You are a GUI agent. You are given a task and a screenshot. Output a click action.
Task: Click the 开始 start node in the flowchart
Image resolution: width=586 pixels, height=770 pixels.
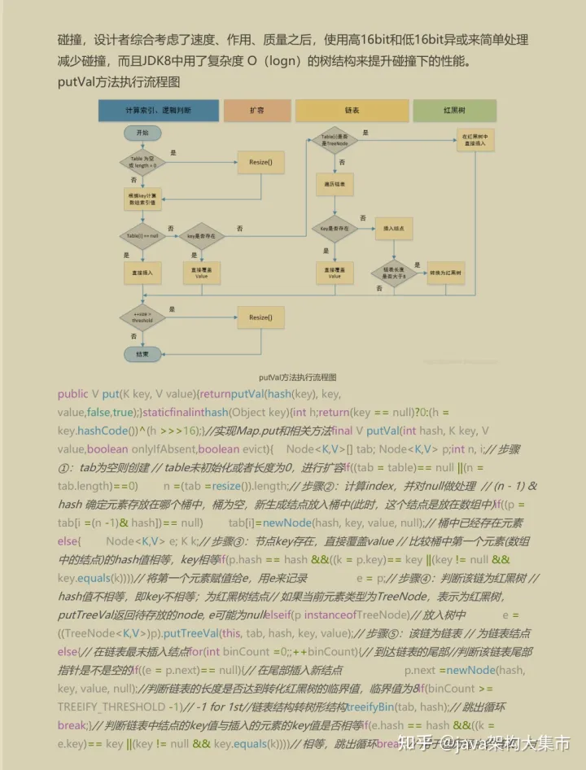pyautogui.click(x=142, y=132)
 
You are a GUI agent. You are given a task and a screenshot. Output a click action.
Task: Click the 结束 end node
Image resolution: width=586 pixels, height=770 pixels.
pyautogui.click(x=142, y=354)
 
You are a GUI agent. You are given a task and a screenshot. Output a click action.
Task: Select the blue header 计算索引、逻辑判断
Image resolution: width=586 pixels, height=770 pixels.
pyautogui.click(x=159, y=110)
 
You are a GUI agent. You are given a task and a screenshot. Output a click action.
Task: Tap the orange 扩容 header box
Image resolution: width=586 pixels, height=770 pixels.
pyautogui.click(x=256, y=110)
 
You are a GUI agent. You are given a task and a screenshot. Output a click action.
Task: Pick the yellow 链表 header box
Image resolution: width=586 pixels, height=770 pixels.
pyautogui.click(x=352, y=110)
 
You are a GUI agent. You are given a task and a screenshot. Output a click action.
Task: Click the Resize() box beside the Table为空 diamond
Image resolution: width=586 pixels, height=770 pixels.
pyautogui.click(x=261, y=163)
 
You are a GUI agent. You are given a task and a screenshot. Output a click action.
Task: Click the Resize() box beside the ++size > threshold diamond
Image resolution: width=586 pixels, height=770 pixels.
pyautogui.click(x=260, y=317)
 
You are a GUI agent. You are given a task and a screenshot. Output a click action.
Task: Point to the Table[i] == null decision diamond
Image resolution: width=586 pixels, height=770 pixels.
pyautogui.click(x=142, y=235)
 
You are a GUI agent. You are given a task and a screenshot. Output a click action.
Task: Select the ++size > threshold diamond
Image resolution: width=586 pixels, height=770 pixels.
pyautogui.click(x=142, y=317)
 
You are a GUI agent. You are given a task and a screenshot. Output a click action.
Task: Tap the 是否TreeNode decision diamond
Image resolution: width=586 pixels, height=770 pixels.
pyautogui.click(x=334, y=140)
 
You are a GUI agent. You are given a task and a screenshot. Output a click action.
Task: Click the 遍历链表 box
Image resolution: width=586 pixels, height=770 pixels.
pyautogui.click(x=334, y=186)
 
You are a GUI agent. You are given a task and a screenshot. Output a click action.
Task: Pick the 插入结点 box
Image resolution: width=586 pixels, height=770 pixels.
pyautogui.click(x=394, y=230)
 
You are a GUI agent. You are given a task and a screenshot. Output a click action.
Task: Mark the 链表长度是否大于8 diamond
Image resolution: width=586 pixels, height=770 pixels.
pyautogui.click(x=394, y=273)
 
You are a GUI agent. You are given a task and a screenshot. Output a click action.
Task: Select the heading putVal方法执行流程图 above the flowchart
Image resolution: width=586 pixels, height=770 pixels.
pyautogui.click(x=119, y=82)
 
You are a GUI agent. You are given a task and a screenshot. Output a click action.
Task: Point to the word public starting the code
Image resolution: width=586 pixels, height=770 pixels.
pyautogui.click(x=73, y=394)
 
